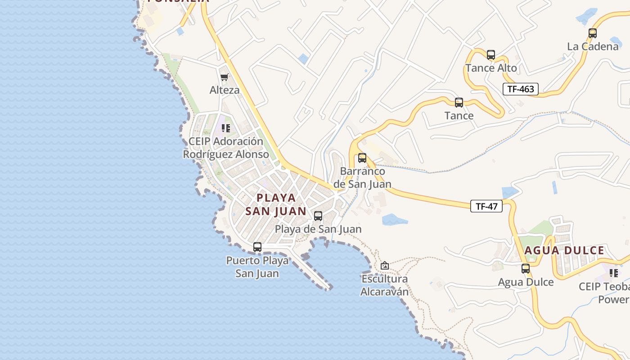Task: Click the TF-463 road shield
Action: click(521, 89)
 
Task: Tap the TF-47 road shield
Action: click(486, 207)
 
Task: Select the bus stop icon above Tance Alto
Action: click(491, 55)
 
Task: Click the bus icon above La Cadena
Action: click(593, 33)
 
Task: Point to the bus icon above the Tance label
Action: click(459, 102)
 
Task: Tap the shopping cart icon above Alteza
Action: click(224, 77)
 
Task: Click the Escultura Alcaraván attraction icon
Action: click(384, 265)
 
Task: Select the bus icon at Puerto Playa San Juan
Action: click(257, 247)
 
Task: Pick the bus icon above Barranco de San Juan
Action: click(362, 158)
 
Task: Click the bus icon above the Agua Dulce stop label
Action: click(526, 269)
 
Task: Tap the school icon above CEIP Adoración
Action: click(226, 128)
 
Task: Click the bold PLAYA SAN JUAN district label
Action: click(276, 204)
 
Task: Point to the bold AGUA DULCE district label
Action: click(564, 251)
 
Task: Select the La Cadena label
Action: click(593, 46)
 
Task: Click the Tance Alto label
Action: click(491, 68)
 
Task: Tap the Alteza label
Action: click(225, 90)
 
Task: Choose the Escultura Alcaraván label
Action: click(384, 285)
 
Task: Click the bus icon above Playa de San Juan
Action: click(318, 216)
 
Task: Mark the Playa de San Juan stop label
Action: click(318, 229)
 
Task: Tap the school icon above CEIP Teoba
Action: click(614, 273)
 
